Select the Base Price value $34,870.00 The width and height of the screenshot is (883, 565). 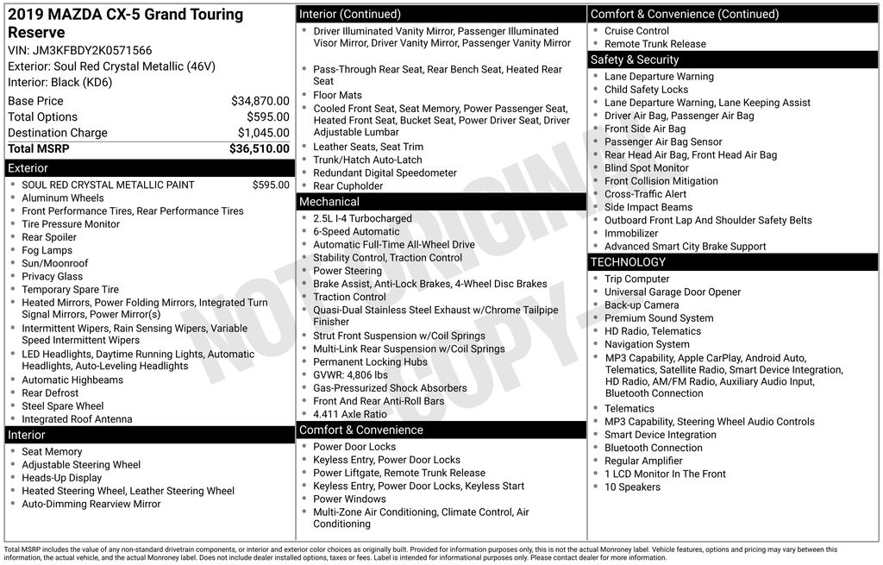click(260, 101)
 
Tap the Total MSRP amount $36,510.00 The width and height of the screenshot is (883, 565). click(259, 148)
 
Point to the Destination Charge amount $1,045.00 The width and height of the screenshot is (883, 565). click(263, 133)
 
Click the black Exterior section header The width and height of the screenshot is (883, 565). click(149, 168)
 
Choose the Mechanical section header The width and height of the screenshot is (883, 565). click(441, 202)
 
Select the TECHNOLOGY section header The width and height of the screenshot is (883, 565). click(733, 262)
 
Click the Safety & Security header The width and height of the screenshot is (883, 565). click(733, 60)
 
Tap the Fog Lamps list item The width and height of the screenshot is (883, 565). click(47, 250)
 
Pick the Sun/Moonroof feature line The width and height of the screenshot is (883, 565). click(55, 263)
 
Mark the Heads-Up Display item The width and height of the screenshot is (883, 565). click(62, 478)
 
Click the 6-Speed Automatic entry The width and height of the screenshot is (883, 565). click(356, 232)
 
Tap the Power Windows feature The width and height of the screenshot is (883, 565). click(349, 499)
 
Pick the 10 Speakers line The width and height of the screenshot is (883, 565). click(632, 487)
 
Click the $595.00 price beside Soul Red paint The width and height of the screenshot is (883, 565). click(271, 185)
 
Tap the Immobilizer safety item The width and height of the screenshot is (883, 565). click(631, 233)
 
